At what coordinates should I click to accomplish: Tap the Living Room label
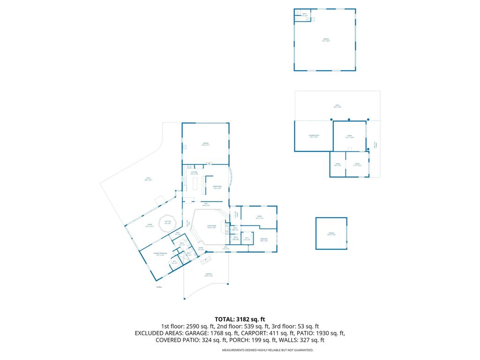point(211,226)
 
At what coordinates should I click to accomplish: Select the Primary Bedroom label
point(160,254)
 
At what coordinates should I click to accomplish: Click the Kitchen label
point(194,173)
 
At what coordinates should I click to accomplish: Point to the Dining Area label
point(217,187)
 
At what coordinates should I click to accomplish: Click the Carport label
point(209,275)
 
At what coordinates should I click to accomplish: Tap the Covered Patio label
point(313,136)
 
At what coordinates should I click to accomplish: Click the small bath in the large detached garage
point(304,15)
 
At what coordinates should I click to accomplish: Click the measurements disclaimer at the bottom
point(267,350)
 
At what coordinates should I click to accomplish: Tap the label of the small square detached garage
point(331,233)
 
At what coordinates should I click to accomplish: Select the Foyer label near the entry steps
point(200,248)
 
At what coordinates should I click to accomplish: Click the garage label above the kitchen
point(205,143)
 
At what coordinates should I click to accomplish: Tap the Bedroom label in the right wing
point(264,240)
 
